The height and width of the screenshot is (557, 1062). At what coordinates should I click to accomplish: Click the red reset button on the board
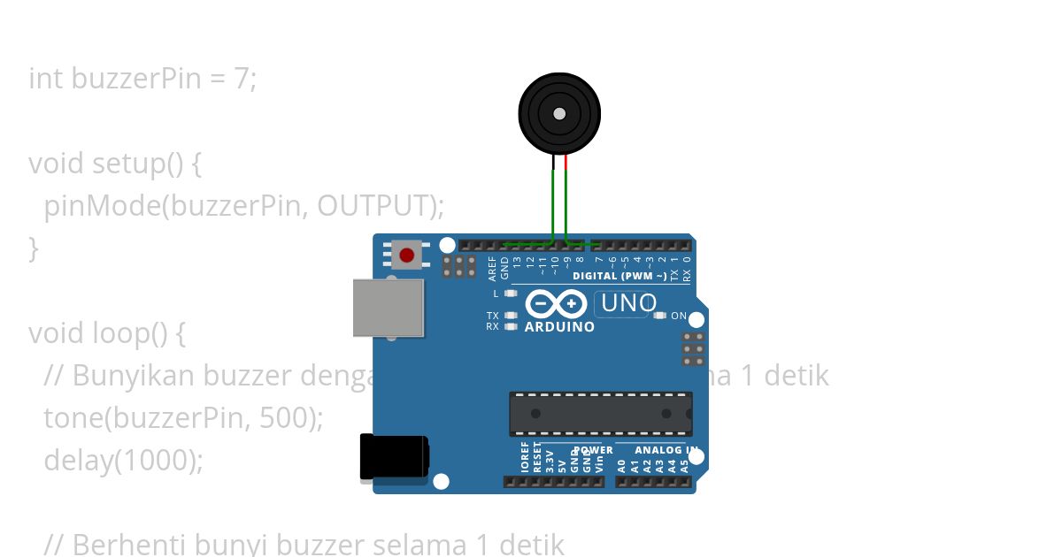(406, 256)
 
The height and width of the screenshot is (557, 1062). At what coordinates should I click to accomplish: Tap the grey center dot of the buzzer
(559, 113)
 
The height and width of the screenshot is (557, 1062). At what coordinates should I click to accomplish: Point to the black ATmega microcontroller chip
(600, 414)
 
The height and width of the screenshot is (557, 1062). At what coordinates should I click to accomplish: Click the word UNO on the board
(628, 304)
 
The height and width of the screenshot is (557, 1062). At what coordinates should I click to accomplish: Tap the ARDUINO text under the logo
(559, 327)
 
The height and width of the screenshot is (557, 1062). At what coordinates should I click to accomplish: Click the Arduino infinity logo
(555, 304)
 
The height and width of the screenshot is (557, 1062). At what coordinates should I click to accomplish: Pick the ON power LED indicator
(660, 316)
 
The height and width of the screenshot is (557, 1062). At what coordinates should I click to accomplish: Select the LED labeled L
(510, 293)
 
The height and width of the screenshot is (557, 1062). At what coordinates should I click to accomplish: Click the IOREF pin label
(525, 457)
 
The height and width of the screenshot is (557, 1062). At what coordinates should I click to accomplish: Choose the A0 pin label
(621, 464)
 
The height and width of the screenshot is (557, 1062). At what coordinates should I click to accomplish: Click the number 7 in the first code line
(241, 79)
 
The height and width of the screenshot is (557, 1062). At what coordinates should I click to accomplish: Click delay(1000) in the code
(123, 461)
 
